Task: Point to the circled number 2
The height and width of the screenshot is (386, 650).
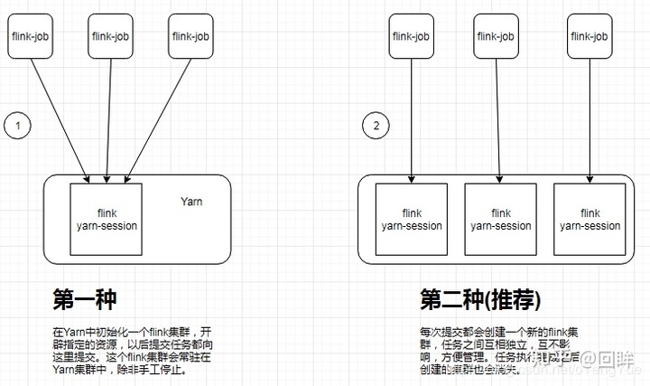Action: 376,126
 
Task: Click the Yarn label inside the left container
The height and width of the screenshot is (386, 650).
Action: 191,202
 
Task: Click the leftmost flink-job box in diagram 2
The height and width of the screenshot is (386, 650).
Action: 412,37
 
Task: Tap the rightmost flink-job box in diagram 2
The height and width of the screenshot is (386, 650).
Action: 590,37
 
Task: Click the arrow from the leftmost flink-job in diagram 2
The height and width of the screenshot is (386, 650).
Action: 412,118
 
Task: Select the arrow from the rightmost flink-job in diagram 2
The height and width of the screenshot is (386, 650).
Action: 590,118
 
